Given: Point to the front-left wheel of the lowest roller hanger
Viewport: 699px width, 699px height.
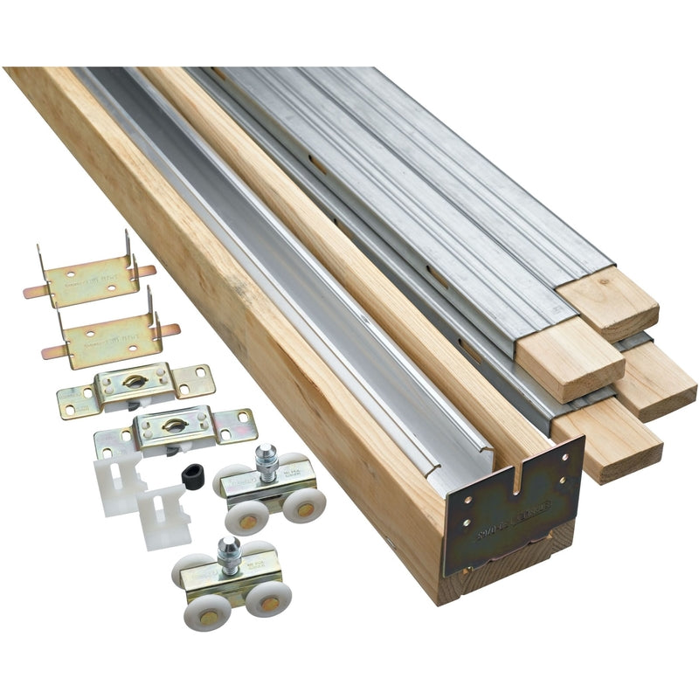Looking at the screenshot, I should (x=202, y=612).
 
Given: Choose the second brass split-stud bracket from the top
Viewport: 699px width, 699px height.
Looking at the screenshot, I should (x=108, y=331).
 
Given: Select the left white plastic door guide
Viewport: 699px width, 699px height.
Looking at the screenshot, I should (x=119, y=477).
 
